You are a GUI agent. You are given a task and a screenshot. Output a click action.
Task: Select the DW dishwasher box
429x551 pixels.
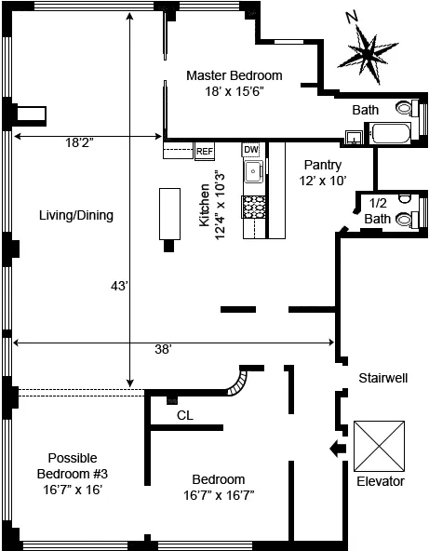coord(251,150)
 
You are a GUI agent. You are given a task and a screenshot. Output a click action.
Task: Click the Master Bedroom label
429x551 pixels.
coord(234,84)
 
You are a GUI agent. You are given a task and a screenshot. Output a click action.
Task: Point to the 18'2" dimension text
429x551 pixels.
coord(80,143)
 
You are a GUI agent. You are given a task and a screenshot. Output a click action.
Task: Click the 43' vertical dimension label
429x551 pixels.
coord(118,287)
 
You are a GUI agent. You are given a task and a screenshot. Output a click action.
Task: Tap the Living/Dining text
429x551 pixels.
coord(76,216)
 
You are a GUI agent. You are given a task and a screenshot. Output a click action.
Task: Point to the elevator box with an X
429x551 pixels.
coord(381,447)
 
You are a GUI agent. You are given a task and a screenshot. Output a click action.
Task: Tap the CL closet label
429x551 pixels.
coord(185,415)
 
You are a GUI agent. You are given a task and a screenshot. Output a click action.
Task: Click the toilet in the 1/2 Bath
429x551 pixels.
coord(407,220)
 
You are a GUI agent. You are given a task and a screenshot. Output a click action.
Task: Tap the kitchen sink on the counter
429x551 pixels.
coord(252,171)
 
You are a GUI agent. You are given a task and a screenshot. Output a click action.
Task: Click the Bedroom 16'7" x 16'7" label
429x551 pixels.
coord(220,488)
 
